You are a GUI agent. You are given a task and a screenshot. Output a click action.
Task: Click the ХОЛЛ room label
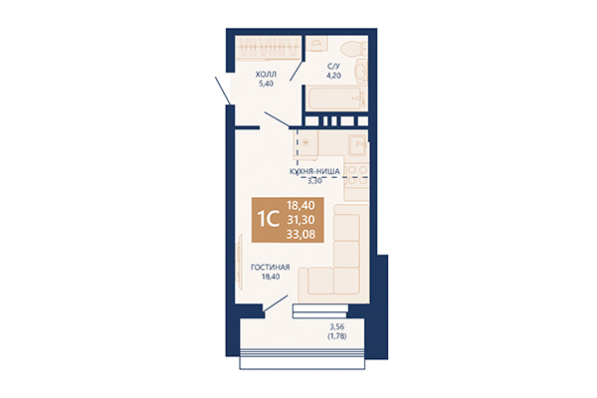pos(266,74)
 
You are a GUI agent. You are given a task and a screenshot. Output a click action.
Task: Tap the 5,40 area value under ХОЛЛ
pos(266,84)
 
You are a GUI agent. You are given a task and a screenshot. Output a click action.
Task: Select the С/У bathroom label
pos(333,67)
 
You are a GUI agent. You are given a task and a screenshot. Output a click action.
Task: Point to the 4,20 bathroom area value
pos(333,76)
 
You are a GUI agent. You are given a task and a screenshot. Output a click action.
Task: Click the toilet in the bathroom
pos(353,49)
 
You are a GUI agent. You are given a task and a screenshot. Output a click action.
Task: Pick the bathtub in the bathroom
pos(335,99)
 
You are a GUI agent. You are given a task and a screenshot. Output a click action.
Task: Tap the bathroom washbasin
pos(360,71)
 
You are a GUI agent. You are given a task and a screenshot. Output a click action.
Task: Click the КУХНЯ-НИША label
pos(314,172)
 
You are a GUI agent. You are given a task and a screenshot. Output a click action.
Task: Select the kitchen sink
pos(357,145)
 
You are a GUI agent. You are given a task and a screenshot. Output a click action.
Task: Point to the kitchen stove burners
pos(356,175)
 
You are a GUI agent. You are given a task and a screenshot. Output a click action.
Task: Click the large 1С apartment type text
pos(269,220)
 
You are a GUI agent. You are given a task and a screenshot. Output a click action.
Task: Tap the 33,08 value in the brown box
pos(300,234)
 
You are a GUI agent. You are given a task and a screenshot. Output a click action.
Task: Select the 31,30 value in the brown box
pos(300,220)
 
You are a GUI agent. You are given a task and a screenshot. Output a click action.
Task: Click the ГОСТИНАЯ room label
pos(271,268)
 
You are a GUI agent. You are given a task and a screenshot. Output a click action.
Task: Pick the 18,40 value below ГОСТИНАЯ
pos(271,277)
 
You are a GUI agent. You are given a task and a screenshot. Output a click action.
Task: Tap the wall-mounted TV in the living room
pos(239,258)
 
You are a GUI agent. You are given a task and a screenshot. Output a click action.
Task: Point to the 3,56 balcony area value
pos(337,326)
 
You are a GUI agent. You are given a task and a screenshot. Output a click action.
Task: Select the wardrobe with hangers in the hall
pos(269,47)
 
